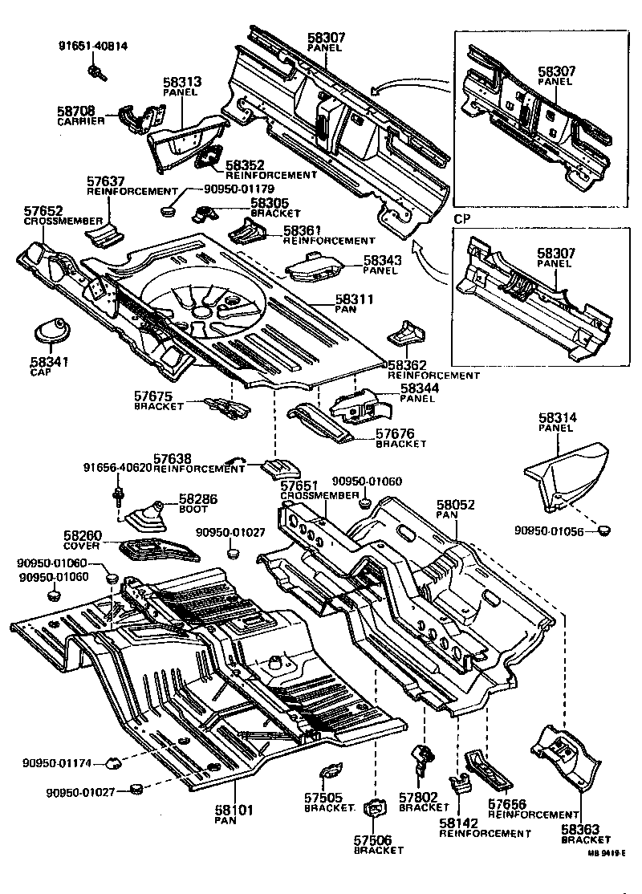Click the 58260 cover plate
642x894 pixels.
click(x=159, y=551)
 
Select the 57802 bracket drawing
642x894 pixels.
click(x=423, y=755)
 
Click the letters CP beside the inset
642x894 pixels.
click(x=461, y=218)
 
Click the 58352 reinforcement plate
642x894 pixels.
click(x=211, y=158)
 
